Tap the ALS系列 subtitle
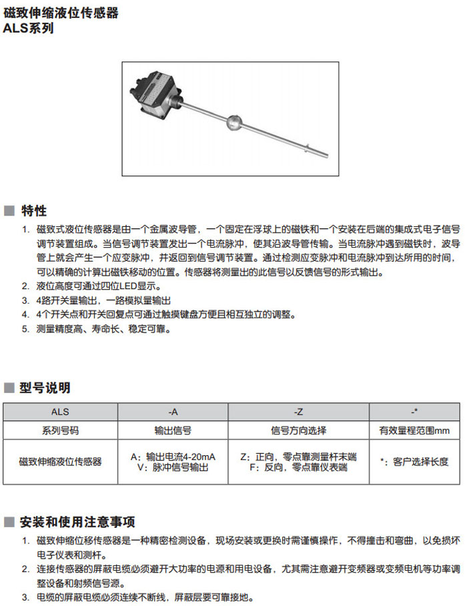(x=29, y=29)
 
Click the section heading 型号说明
(x=45, y=388)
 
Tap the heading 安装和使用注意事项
(x=78, y=521)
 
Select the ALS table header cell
(x=60, y=412)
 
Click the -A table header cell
(x=172, y=412)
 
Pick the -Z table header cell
(x=298, y=412)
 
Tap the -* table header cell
(x=414, y=412)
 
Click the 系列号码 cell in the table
(x=60, y=430)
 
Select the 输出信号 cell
(x=172, y=430)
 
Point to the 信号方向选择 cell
(x=298, y=430)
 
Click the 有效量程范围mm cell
(x=414, y=430)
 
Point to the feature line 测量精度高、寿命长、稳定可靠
(x=104, y=329)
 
